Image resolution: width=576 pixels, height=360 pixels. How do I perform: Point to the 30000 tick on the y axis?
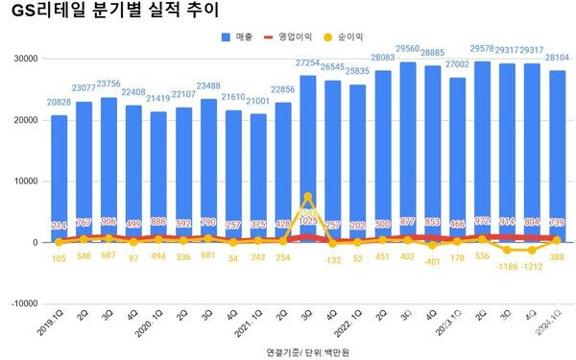tap(23, 59)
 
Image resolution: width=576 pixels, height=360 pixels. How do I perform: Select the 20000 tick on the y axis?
tap(23, 120)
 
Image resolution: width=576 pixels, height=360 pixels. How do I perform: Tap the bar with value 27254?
tap(308, 158)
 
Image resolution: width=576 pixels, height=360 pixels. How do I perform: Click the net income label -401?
tap(432, 260)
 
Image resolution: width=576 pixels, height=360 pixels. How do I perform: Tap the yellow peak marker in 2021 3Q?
tap(308, 197)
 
